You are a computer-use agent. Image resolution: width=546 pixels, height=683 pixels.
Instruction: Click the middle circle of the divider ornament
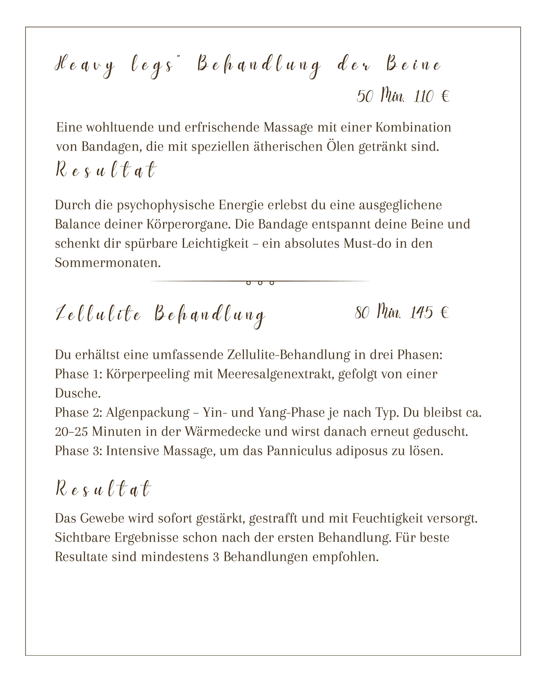click(260, 283)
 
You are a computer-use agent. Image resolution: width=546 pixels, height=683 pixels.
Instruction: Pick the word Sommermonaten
click(108, 263)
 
